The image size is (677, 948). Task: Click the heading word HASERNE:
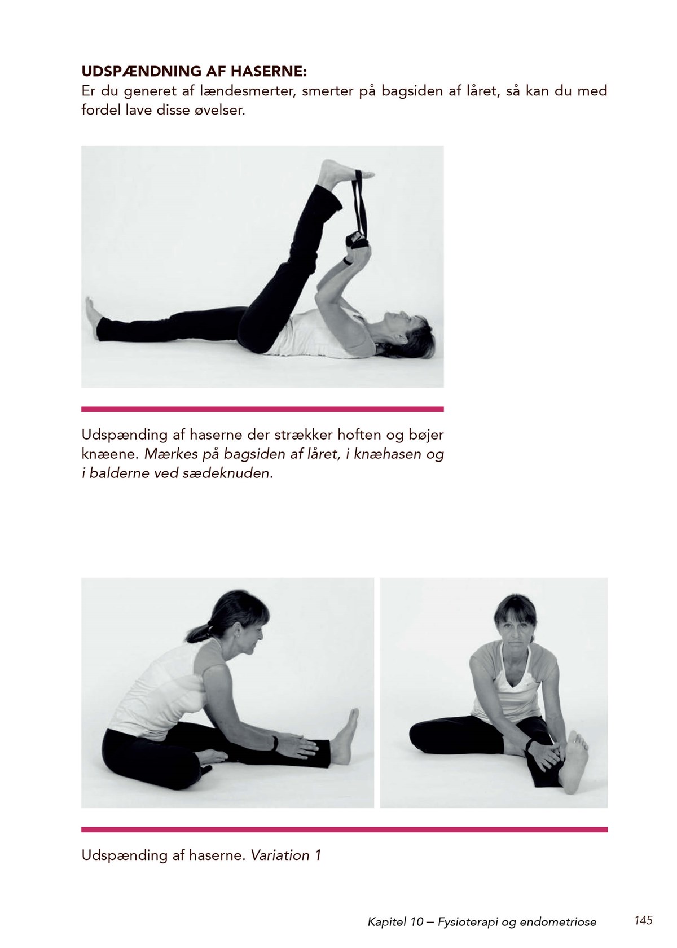tap(269, 72)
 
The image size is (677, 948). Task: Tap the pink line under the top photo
tap(262, 409)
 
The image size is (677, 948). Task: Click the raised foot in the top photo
tap(345, 172)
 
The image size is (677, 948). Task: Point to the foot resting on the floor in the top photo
tap(93, 312)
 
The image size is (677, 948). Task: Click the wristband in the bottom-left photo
tap(276, 743)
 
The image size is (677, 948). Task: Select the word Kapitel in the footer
tap(384, 920)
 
